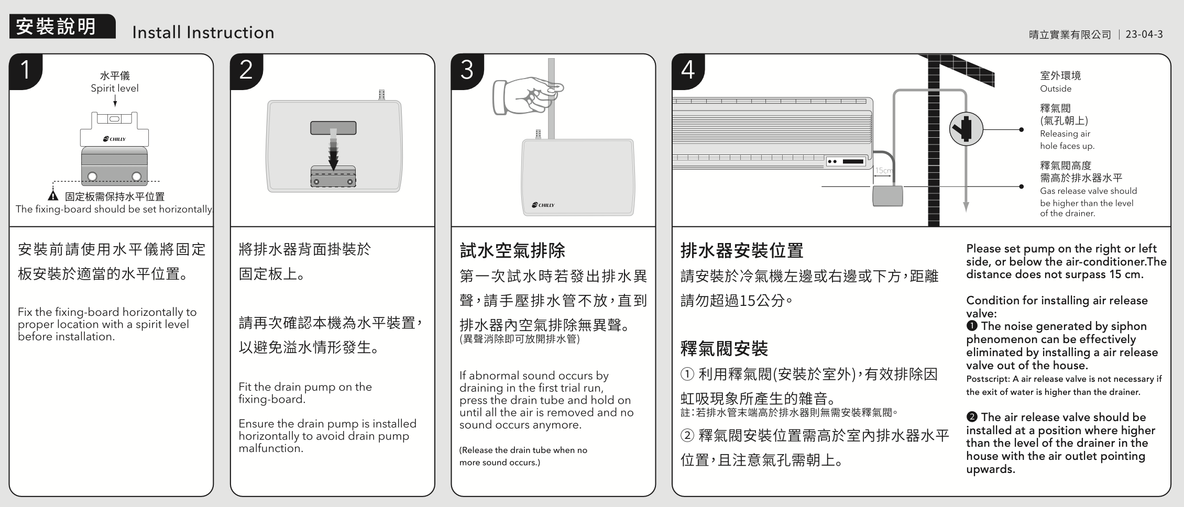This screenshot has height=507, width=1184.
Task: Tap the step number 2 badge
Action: coord(246,71)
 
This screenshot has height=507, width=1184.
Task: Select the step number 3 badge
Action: coord(467,71)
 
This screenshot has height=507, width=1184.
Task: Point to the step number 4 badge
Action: coord(688,71)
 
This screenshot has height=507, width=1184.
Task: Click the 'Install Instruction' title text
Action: coord(203,32)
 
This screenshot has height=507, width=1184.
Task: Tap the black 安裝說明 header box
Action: coord(62,26)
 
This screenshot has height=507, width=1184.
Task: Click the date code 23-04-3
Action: coord(1144,35)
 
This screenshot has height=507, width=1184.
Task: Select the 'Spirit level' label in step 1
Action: coord(115,89)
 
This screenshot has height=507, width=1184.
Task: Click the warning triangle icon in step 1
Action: coord(53,196)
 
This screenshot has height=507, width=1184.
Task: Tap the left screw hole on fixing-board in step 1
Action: coord(92,176)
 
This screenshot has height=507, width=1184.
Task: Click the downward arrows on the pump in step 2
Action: coord(333,150)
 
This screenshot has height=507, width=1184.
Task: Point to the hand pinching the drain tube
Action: coord(528,95)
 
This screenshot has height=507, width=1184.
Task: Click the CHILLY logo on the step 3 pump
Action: coord(543,205)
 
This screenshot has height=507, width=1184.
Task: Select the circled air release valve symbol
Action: coord(966,129)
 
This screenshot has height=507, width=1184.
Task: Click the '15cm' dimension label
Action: coord(883,171)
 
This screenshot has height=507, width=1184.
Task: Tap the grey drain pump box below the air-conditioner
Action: coord(887,196)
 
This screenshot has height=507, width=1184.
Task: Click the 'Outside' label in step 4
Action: coord(1056,89)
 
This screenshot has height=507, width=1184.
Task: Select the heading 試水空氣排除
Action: coord(512,250)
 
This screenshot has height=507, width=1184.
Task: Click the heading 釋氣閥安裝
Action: coord(724,348)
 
